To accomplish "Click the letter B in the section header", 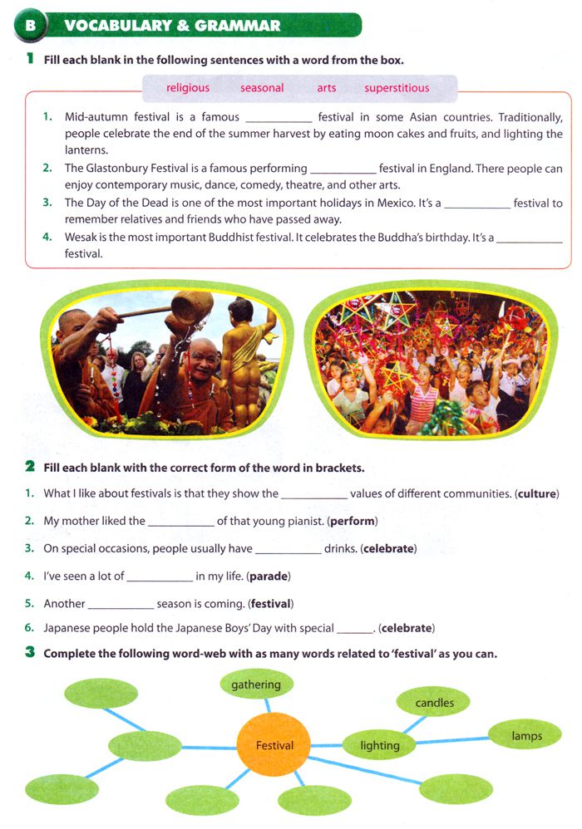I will point(31,25).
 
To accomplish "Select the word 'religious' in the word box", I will point(188,88).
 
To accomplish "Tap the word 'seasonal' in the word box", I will point(262,88).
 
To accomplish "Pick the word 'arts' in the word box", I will point(327,88).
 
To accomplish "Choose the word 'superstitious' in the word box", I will point(397,88).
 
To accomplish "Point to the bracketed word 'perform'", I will point(353,522).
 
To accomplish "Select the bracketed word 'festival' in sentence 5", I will point(272,604).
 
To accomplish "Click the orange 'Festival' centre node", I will point(274,746).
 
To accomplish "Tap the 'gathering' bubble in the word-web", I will point(256,685).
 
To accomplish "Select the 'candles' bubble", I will point(435,703).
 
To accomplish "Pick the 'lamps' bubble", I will point(527,736).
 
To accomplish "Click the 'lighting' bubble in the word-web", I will point(380,746).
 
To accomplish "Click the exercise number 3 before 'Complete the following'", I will point(30,653).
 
